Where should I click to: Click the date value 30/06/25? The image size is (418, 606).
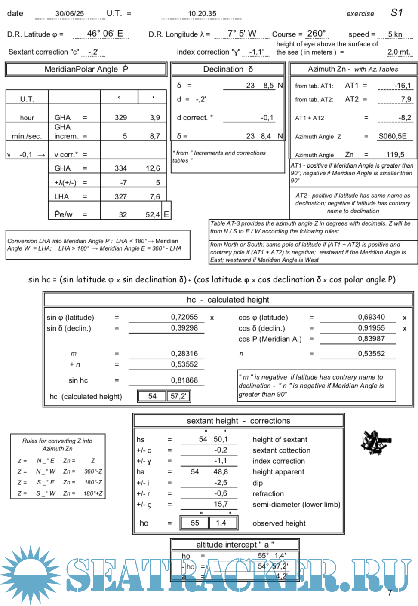70,14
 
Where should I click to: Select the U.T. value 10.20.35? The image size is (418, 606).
202,14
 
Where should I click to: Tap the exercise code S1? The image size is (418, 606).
396,13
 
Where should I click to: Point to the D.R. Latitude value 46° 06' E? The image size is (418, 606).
105,34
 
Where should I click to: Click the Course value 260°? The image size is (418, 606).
317,34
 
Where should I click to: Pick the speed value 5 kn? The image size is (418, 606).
395,34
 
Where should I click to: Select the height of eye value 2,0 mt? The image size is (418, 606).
399,52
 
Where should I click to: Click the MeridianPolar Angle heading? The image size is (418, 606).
86,69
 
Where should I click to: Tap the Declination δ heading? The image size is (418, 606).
228,69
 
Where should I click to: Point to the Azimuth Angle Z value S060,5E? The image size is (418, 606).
392,136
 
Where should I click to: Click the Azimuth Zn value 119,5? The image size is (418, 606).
395,155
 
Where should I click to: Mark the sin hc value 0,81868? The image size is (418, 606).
184,380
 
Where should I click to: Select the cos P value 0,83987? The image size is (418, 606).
371,339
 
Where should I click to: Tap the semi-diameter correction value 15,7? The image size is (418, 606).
221,504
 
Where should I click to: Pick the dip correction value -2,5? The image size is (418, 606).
221,483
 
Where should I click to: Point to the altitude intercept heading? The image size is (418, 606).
235,545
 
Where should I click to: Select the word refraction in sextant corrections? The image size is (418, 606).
268,494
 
